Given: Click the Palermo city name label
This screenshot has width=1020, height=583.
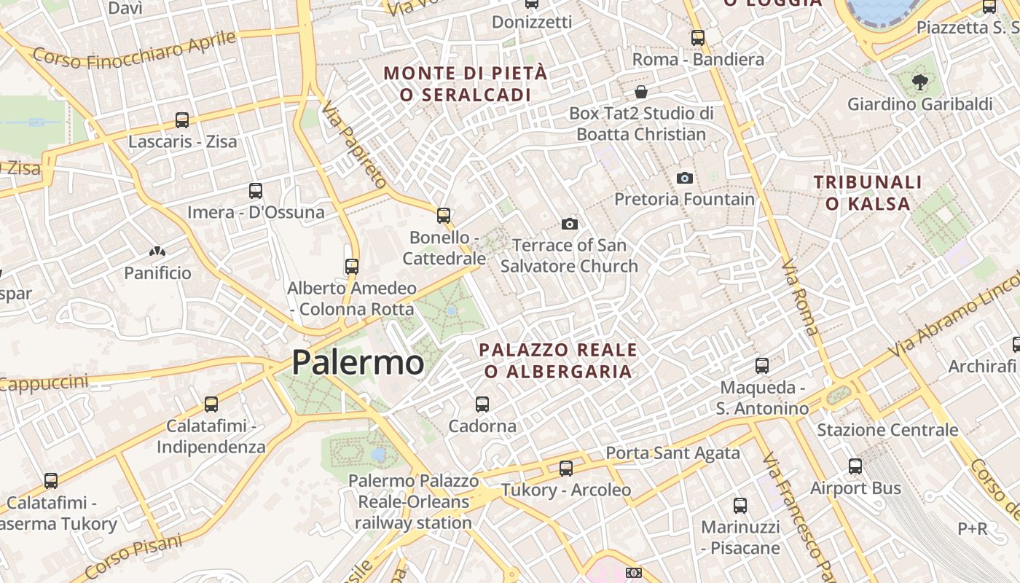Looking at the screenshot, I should (358, 363).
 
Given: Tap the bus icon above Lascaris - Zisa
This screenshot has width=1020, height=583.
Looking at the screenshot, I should (182, 120).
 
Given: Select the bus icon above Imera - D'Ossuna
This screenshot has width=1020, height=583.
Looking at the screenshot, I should (255, 191).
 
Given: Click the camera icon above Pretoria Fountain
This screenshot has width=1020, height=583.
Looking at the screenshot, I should (684, 178).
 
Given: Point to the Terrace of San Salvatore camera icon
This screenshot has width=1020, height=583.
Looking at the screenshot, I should (570, 224).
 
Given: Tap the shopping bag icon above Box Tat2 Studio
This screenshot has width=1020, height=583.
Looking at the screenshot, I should (641, 92).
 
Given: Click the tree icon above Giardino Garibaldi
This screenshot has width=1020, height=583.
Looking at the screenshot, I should (919, 82).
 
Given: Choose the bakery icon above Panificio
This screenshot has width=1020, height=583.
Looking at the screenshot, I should (157, 252).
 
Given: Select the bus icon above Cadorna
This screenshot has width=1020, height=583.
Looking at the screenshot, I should (482, 404).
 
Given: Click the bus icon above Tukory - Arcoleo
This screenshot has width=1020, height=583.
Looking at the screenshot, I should (566, 469).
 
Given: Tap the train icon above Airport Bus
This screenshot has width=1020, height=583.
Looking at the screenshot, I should (855, 466).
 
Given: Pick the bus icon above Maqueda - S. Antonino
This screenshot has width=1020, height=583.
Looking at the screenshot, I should (762, 366).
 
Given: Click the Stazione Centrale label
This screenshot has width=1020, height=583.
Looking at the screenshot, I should (887, 430).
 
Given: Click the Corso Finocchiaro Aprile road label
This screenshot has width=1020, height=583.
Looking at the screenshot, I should (136, 50).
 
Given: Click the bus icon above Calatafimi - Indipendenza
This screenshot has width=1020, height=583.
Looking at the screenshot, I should (211, 404).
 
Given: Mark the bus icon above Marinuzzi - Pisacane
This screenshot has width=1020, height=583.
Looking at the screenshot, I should (740, 506).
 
